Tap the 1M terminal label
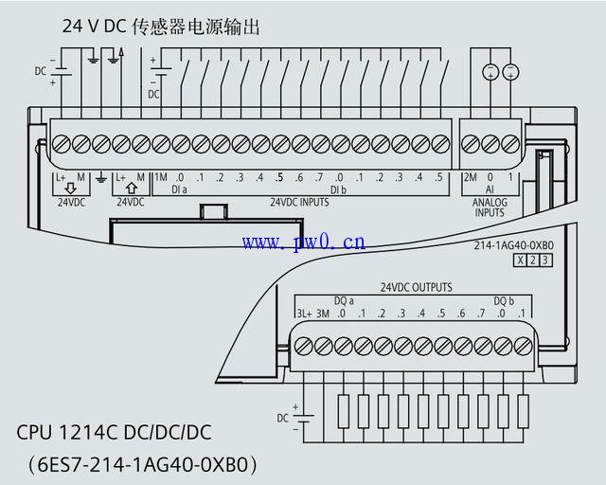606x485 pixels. tap(160, 177)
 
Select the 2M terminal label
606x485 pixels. tap(470, 177)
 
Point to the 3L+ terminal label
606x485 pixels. tap(303, 314)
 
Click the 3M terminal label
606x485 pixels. tap(323, 314)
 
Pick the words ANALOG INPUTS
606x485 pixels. tap(490, 207)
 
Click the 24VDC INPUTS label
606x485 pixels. tap(299, 202)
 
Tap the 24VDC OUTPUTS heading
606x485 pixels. tap(416, 287)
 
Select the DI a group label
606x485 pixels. tap(179, 189)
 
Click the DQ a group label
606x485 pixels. tap(344, 300)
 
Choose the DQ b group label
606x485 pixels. tap(503, 300)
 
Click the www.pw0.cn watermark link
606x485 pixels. tap(303, 242)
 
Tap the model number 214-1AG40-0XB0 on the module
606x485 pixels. tap(513, 245)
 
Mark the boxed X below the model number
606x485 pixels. tap(519, 260)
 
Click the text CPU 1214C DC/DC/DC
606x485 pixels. tap(114, 433)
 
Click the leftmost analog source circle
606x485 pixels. tap(490, 72)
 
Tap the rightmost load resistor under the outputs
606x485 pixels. tap(522, 410)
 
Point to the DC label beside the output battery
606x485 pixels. tap(282, 417)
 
